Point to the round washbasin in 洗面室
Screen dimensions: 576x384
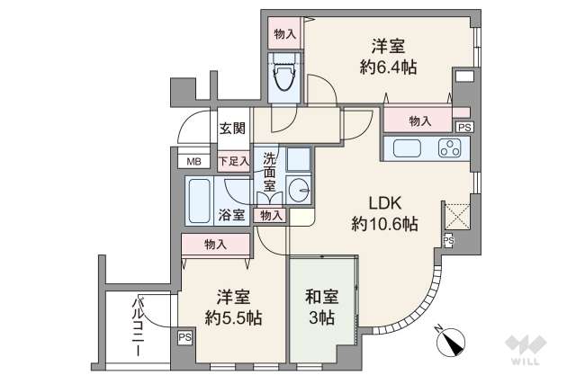tap(300, 191)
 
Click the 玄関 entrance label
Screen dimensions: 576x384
tap(232, 129)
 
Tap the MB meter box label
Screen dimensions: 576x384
tap(193, 162)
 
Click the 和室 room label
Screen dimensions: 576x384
tap(322, 295)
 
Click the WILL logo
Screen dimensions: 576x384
tap(526, 352)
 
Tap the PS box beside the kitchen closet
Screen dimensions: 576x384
tap(463, 128)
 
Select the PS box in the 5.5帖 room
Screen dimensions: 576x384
tap(184, 338)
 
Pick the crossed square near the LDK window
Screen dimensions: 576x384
tap(455, 217)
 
